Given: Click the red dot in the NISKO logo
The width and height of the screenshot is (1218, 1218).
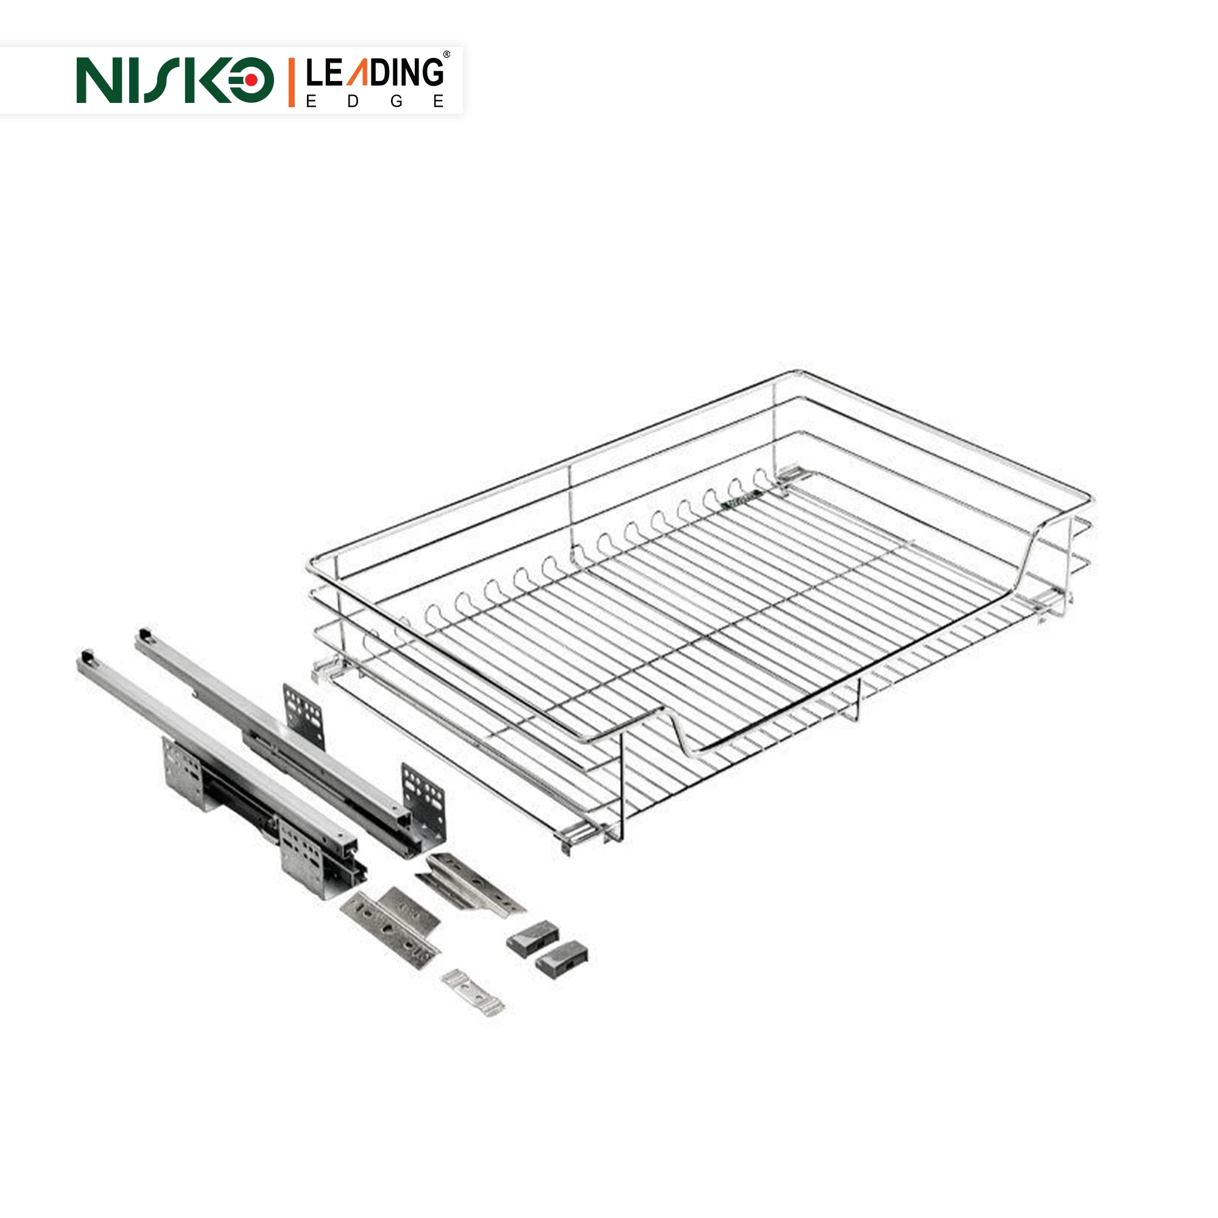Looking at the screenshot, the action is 251,80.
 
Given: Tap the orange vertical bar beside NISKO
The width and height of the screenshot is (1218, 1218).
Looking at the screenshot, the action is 291,82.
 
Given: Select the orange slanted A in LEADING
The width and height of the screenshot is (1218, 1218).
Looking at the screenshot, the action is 359,73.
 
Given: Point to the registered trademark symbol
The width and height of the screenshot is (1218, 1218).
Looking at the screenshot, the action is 446,55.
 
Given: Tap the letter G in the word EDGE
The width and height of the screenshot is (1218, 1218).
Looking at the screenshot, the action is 396,101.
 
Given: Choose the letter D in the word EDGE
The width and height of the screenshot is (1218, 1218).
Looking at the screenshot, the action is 353,101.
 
